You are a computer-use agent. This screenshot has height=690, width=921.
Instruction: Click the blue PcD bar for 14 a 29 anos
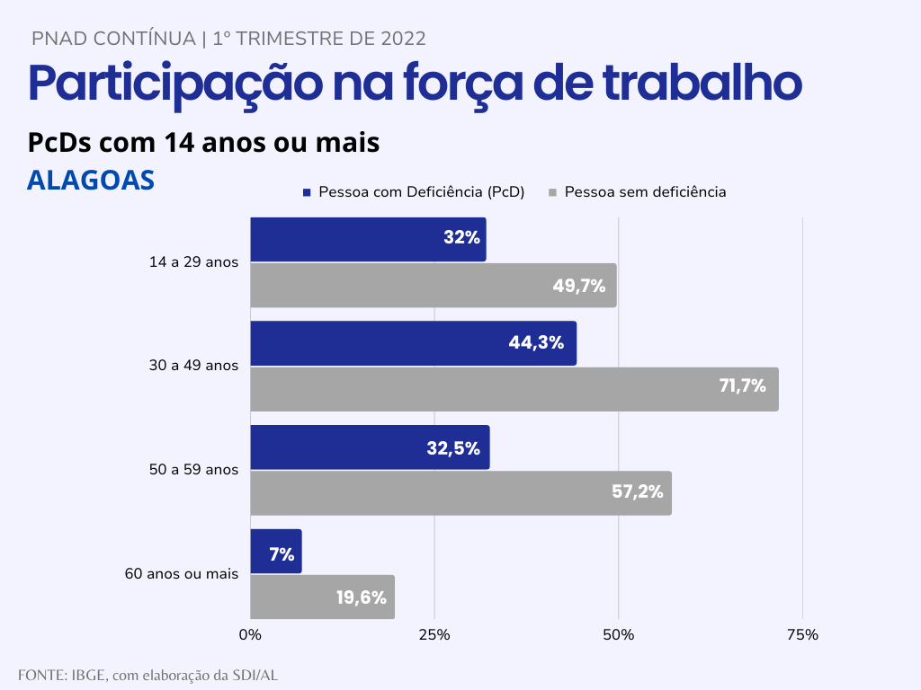tap(368, 240)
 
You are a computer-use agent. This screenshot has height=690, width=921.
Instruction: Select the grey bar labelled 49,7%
tap(433, 286)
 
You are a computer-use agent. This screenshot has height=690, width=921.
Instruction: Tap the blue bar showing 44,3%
tap(413, 343)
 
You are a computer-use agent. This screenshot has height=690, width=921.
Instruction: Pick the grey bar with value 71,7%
tap(514, 389)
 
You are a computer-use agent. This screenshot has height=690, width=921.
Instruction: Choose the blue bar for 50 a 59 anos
tap(370, 447)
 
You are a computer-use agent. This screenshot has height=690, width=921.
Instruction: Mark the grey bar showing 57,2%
tap(460, 492)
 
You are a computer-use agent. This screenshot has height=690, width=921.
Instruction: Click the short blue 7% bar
tap(275, 552)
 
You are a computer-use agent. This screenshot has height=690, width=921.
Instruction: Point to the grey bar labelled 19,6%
tap(322, 597)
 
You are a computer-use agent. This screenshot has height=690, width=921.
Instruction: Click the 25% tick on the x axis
tap(434, 635)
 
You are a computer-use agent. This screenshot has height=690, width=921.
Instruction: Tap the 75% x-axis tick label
tap(802, 635)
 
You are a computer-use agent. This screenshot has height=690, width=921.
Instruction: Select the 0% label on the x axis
tap(250, 635)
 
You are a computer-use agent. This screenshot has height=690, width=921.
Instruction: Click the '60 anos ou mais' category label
tap(181, 574)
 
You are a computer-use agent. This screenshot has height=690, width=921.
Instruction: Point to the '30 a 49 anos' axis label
tap(193, 367)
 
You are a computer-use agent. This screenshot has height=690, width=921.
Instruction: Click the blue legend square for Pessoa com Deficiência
tap(307, 192)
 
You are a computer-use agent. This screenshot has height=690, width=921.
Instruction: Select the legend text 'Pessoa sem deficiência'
tap(645, 192)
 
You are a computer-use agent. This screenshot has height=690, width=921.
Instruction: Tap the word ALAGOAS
tap(91, 180)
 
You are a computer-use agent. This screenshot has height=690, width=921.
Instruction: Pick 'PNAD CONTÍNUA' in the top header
tap(113, 39)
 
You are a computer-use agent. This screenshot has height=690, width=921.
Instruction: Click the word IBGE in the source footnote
tap(88, 675)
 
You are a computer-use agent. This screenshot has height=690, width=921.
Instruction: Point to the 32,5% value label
tap(453, 448)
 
